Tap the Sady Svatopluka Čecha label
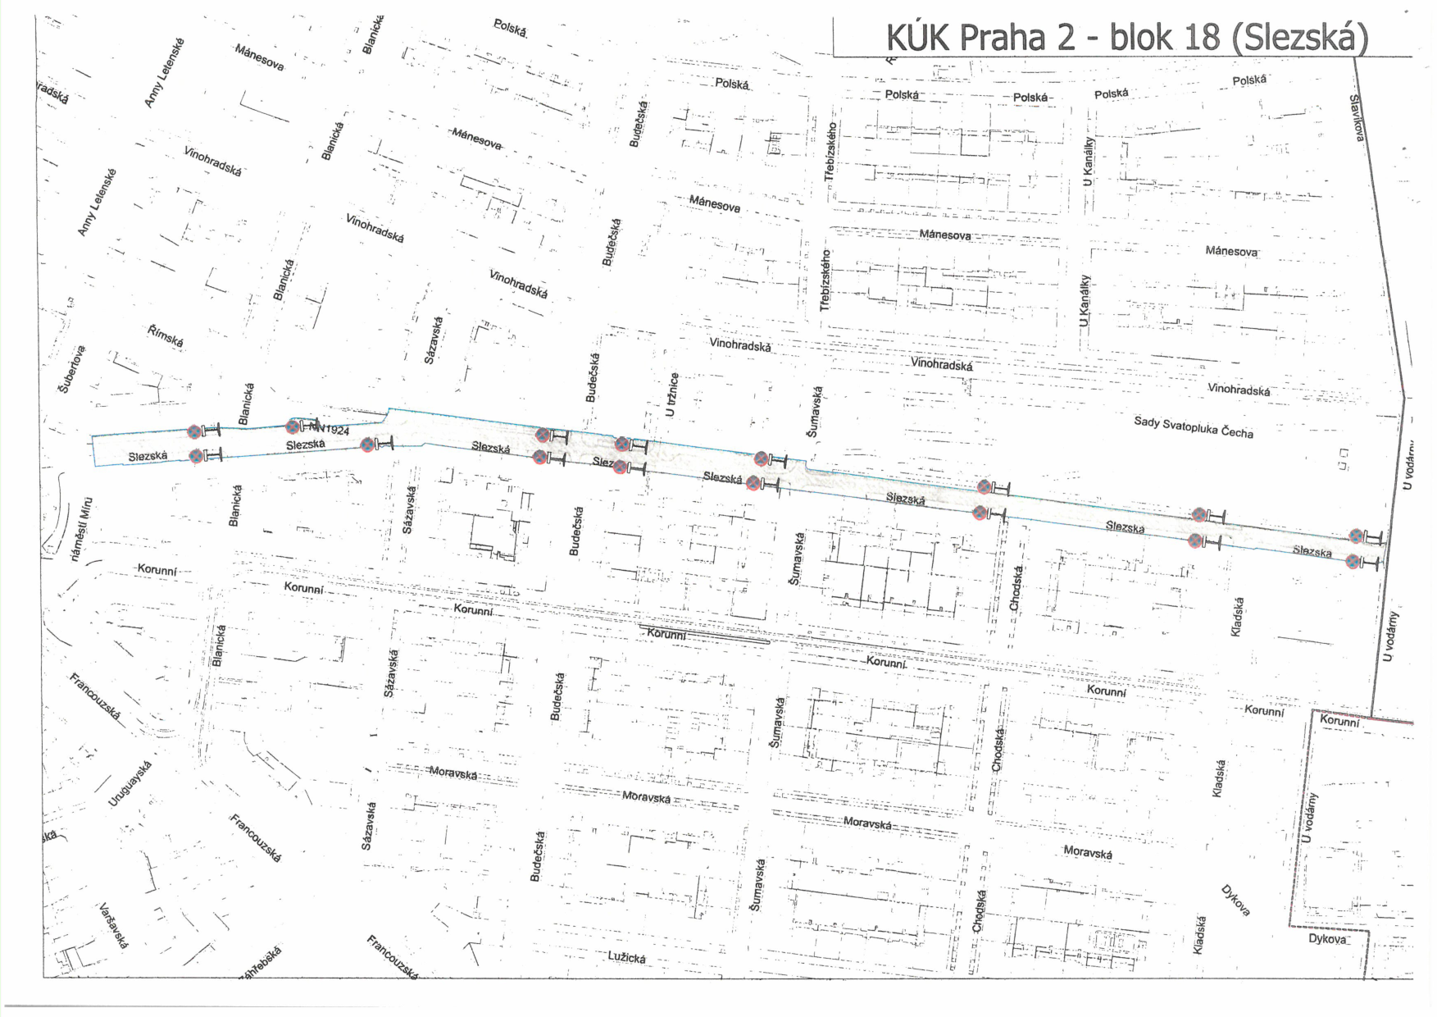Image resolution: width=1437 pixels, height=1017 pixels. tap(1193, 426)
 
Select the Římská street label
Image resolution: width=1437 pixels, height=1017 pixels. tap(166, 336)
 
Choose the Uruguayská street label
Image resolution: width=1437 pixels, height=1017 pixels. tap(131, 783)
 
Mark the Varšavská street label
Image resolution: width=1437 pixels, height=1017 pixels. tap(113, 926)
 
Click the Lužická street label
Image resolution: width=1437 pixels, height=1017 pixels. tap(627, 957)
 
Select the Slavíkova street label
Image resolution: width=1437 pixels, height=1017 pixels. tap(1357, 117)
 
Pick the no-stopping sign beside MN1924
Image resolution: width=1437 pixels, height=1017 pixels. tap(293, 426)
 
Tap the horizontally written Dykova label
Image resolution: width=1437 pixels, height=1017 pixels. tap(1327, 938)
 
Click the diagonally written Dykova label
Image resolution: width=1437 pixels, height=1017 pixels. tap(1235, 901)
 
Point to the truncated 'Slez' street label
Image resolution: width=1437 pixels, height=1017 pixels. tap(603, 463)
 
